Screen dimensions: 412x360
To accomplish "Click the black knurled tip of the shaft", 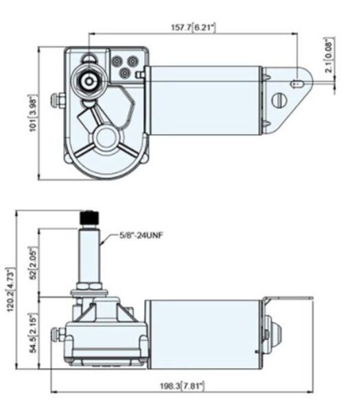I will click(90, 218).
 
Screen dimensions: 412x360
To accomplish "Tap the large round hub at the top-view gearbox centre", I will click(108, 135).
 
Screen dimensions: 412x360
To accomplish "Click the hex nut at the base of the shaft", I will click(91, 284).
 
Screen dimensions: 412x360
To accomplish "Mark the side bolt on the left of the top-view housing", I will click(61, 102).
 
